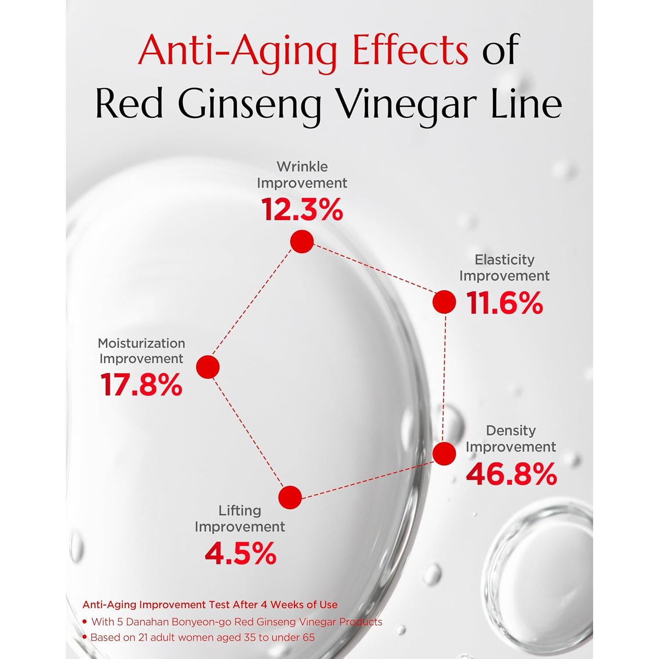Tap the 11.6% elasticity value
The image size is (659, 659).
pyautogui.click(x=504, y=303)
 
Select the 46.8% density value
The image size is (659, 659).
pyautogui.click(x=511, y=474)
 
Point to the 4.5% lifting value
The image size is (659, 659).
pyautogui.click(x=240, y=554)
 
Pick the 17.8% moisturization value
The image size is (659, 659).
pyautogui.click(x=141, y=385)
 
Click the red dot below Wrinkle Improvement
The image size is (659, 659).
pyautogui.click(x=302, y=241)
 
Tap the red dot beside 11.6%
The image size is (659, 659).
pyautogui.click(x=444, y=302)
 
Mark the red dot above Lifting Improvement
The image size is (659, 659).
pyautogui.click(x=290, y=497)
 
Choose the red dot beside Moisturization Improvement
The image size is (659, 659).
pyautogui.click(x=208, y=367)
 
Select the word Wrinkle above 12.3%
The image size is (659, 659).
pyautogui.click(x=302, y=167)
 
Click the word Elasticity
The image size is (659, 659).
pyautogui.click(x=504, y=260)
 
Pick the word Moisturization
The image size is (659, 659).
pyautogui.click(x=141, y=343)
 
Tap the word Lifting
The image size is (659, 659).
pyautogui.click(x=240, y=511)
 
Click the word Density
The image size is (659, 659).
pyautogui.click(x=511, y=431)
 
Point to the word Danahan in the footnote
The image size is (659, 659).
pyautogui.click(x=148, y=622)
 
